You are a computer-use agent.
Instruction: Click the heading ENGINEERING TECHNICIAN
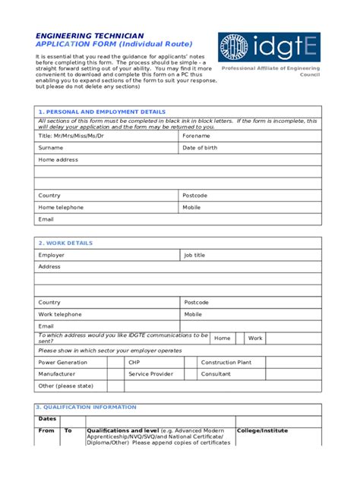(89, 36)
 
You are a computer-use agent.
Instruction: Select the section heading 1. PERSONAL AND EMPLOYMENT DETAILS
(102, 112)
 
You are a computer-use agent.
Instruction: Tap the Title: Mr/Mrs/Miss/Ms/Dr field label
(71, 136)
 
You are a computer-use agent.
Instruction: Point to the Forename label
(195, 136)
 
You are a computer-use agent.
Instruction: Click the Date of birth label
(200, 148)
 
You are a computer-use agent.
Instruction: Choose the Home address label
(58, 160)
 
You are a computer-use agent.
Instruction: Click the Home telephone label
(62, 207)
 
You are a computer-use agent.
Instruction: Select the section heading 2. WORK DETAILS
(65, 243)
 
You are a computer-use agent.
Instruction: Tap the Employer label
(52, 256)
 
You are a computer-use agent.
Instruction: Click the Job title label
(194, 256)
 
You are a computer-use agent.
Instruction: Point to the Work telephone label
(60, 314)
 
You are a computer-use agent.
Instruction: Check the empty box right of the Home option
(240, 338)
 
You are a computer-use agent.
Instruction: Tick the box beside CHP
(190, 363)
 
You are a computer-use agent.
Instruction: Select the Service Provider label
(150, 374)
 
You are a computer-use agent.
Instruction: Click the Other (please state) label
(66, 386)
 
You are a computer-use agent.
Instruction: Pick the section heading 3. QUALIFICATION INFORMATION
(87, 407)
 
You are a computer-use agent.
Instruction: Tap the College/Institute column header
(263, 431)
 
